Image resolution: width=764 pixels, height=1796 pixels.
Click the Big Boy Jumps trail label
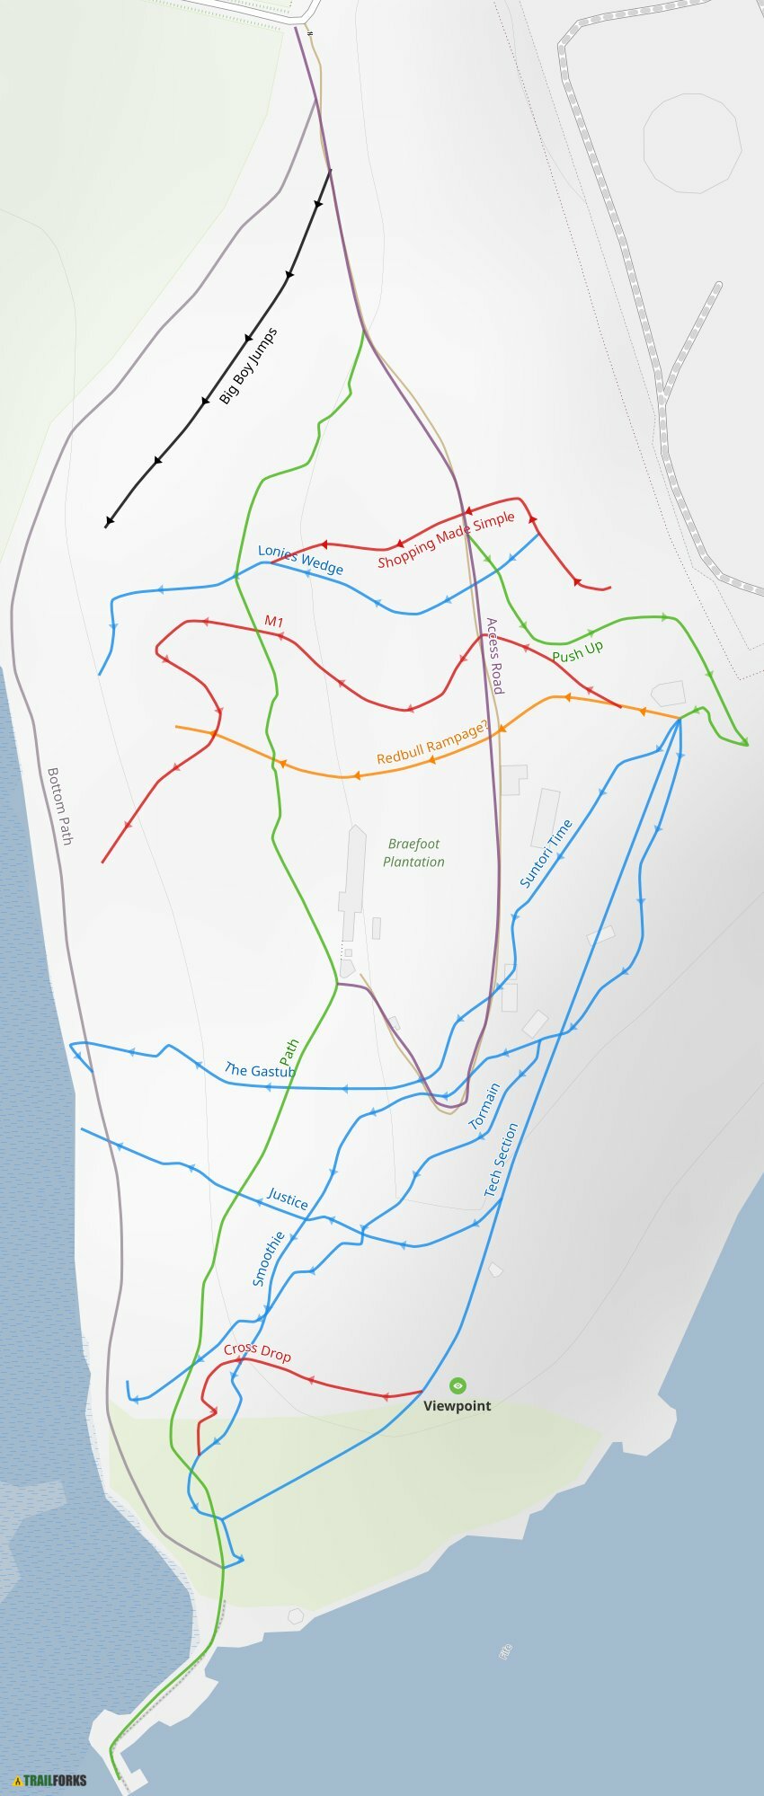tap(249, 367)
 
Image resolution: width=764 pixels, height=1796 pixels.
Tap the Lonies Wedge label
tap(300, 559)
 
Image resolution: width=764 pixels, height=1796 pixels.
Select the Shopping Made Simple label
tap(446, 540)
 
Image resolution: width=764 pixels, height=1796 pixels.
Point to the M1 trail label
tap(274, 622)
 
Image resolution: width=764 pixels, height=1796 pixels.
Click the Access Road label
tap(494, 655)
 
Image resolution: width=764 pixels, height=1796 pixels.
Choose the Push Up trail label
tap(577, 652)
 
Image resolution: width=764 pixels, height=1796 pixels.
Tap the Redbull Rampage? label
tap(433, 745)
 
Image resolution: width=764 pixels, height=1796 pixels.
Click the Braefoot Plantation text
tap(413, 853)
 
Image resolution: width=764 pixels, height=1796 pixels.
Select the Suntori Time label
tap(546, 854)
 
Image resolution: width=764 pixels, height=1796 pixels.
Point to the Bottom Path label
tap(59, 806)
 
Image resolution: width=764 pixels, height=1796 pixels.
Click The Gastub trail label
tap(259, 1070)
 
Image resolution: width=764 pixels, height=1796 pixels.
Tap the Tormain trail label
tap(484, 1106)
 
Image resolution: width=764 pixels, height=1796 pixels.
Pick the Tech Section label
tap(501, 1159)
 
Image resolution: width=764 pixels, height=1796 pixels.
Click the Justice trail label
tap(288, 1199)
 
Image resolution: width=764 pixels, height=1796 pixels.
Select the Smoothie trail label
tap(268, 1258)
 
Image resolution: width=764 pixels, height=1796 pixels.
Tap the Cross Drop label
tap(257, 1351)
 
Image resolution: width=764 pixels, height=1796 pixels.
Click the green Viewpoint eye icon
tap(458, 1385)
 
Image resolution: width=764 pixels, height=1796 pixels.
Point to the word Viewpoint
tap(458, 1406)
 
